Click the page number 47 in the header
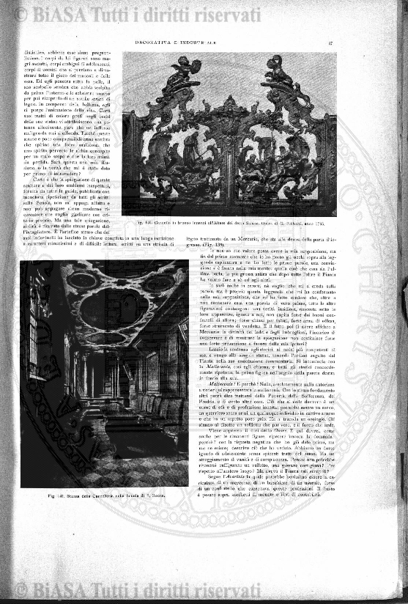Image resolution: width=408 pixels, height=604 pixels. pos(331,43)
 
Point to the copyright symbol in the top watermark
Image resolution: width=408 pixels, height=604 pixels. pos(21,15)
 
